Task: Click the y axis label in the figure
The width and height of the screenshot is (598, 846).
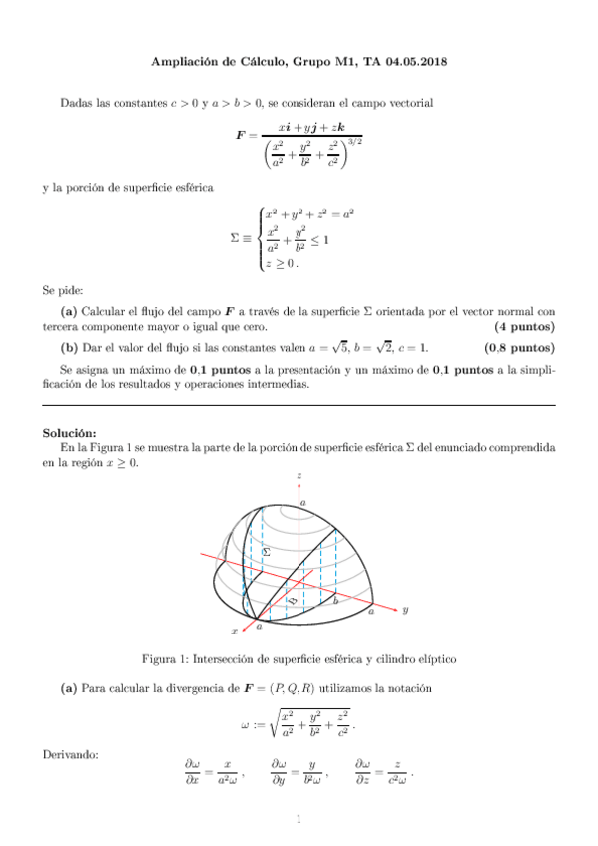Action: pyautogui.click(x=405, y=612)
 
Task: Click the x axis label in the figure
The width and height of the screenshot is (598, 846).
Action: pyautogui.click(x=234, y=632)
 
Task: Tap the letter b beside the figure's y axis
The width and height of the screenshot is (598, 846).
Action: pyautogui.click(x=335, y=601)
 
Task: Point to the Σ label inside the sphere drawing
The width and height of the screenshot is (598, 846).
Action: pyautogui.click(x=265, y=552)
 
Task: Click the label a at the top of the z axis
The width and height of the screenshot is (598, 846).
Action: pyautogui.click(x=303, y=503)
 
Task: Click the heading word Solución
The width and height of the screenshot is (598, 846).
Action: pyautogui.click(x=69, y=433)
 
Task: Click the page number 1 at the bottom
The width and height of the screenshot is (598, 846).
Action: pyautogui.click(x=299, y=821)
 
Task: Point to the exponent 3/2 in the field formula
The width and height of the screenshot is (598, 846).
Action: pyautogui.click(x=353, y=142)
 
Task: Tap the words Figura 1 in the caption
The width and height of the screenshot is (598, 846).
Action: pyautogui.click(x=165, y=658)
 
